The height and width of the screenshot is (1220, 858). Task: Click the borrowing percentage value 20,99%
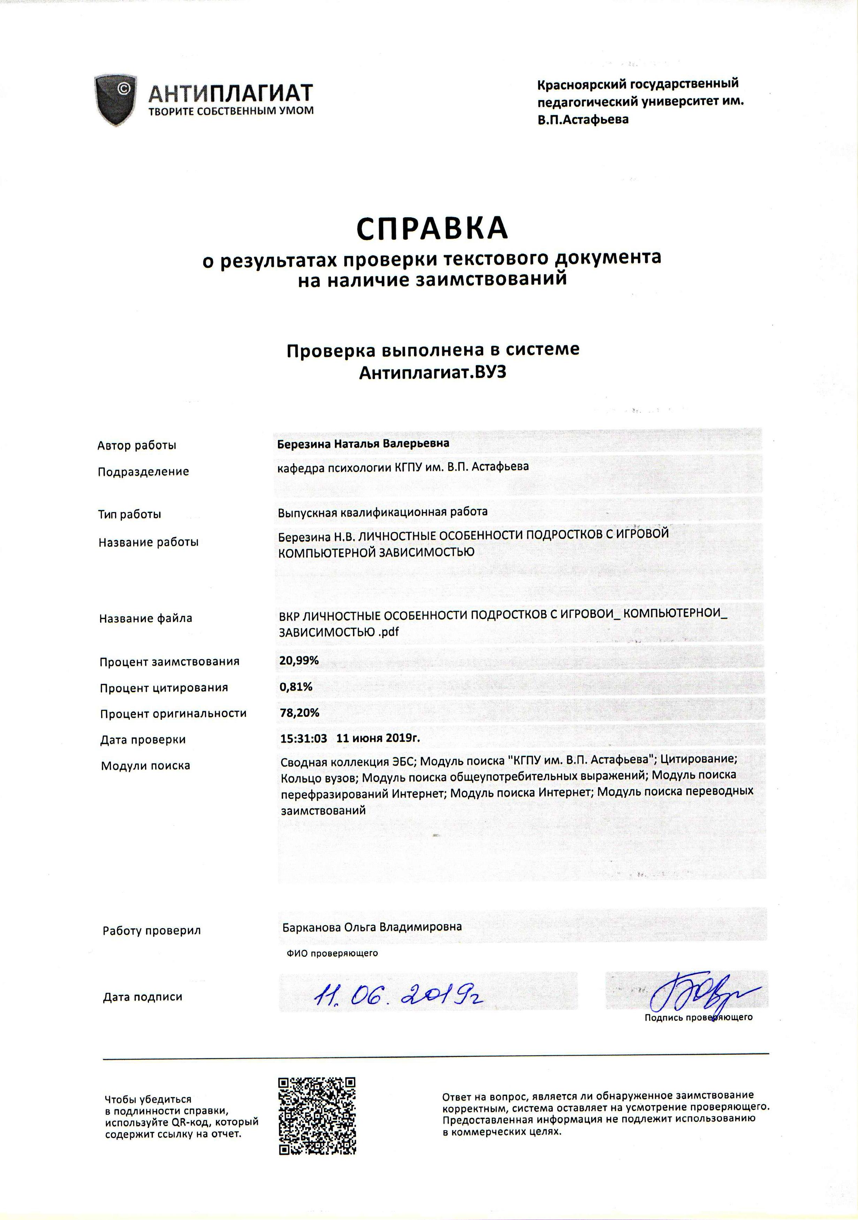click(299, 661)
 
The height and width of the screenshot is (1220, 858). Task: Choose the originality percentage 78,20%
click(300, 713)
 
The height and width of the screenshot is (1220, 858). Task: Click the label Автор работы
click(136, 445)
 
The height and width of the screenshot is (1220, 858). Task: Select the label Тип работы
click(130, 514)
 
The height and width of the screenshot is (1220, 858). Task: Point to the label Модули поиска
click(145, 766)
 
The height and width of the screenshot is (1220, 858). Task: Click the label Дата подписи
click(142, 997)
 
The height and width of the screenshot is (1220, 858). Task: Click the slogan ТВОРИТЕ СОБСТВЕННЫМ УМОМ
click(231, 111)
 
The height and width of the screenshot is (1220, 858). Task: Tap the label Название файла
click(145, 618)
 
